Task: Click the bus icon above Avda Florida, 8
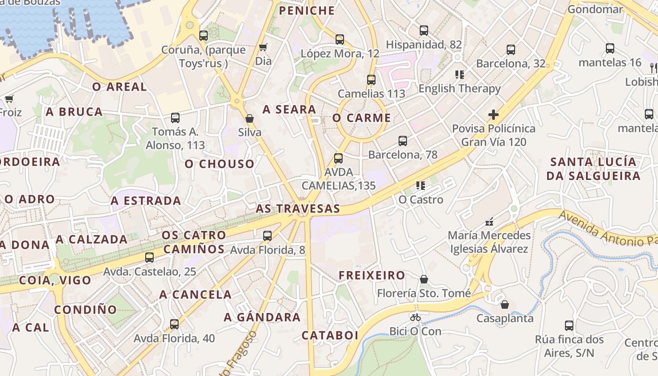click(267, 235)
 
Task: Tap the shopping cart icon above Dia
click(263, 47)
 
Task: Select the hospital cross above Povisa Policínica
click(493, 114)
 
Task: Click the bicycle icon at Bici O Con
click(415, 317)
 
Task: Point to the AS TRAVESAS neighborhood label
click(298, 209)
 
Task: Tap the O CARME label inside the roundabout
click(361, 118)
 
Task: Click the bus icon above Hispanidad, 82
click(424, 31)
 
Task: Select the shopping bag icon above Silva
click(250, 118)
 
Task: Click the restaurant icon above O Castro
click(421, 186)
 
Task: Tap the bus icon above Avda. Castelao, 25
click(149, 257)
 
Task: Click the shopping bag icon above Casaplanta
click(505, 305)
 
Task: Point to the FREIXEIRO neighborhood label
click(372, 275)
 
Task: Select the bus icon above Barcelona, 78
click(402, 141)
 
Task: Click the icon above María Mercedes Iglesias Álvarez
click(489, 221)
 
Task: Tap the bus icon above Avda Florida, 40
click(174, 324)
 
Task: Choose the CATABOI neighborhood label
click(329, 336)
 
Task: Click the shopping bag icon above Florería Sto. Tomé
click(424, 279)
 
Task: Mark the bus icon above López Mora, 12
click(340, 39)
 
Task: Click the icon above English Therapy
click(460, 74)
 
